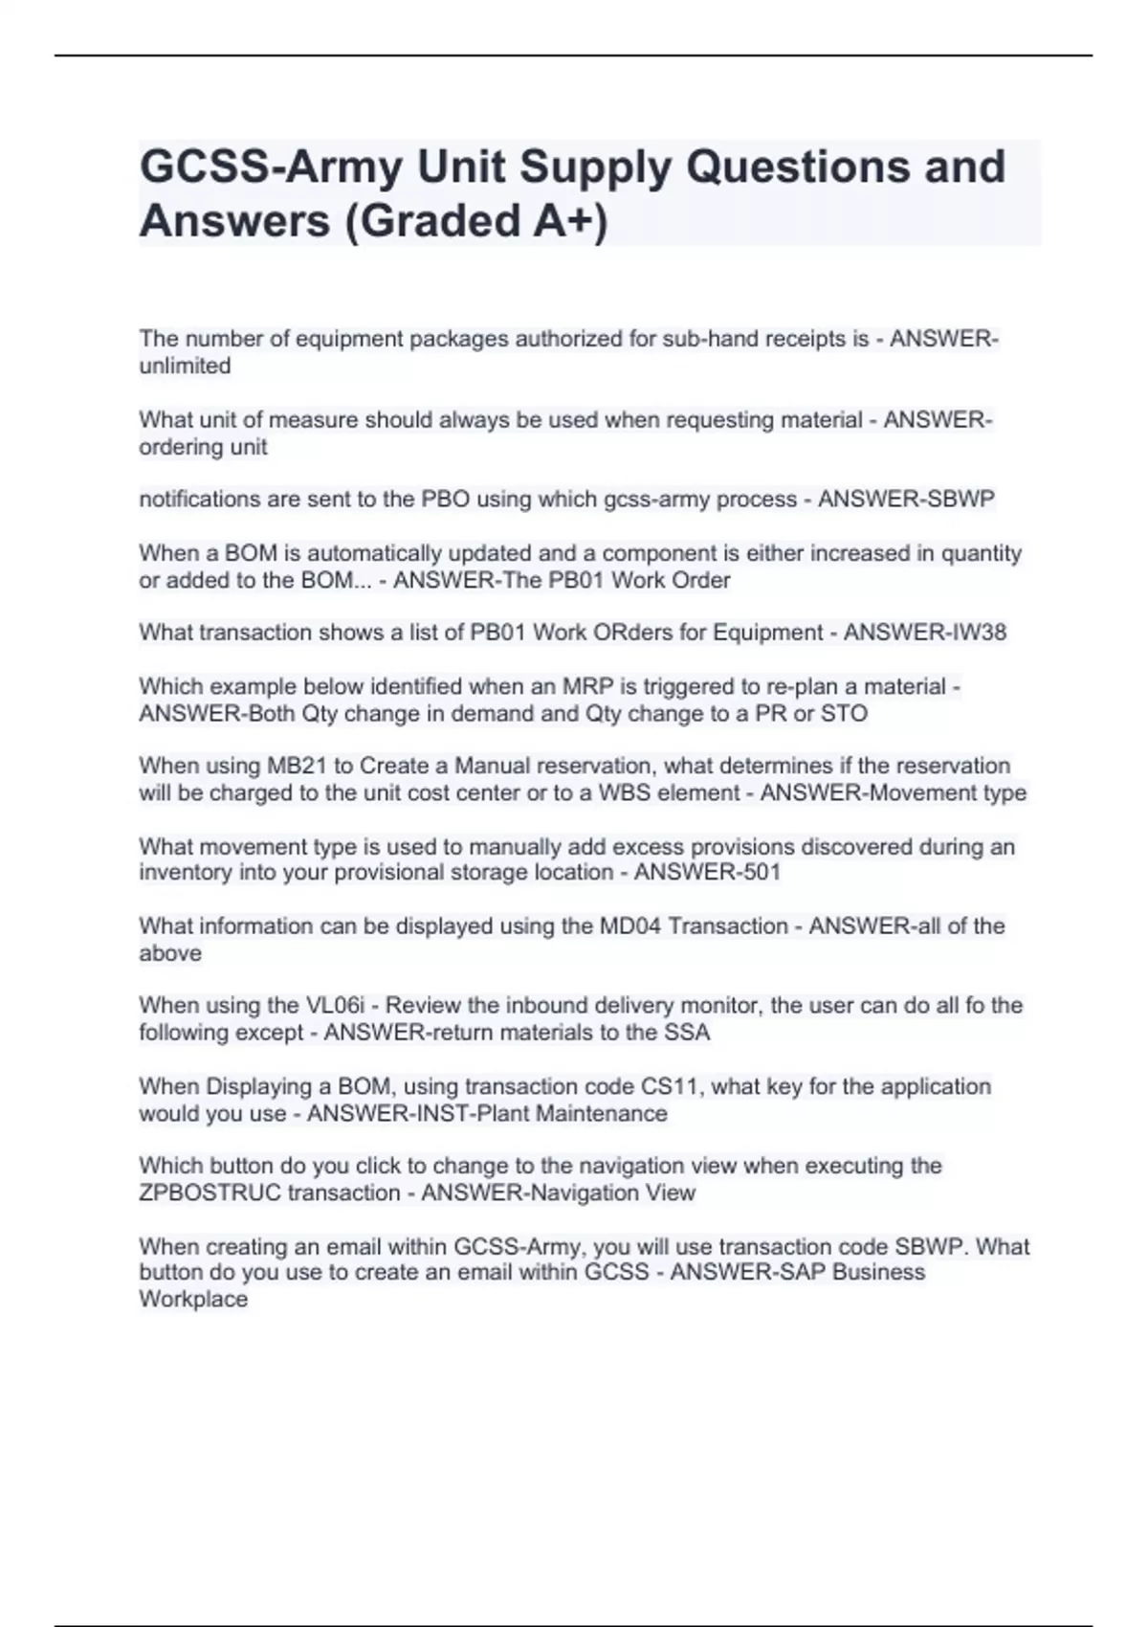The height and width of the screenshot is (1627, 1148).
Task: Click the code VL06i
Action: coord(335,1006)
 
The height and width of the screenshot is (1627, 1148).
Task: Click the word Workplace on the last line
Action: coord(193,1300)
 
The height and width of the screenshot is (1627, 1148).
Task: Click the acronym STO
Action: coord(843,714)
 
